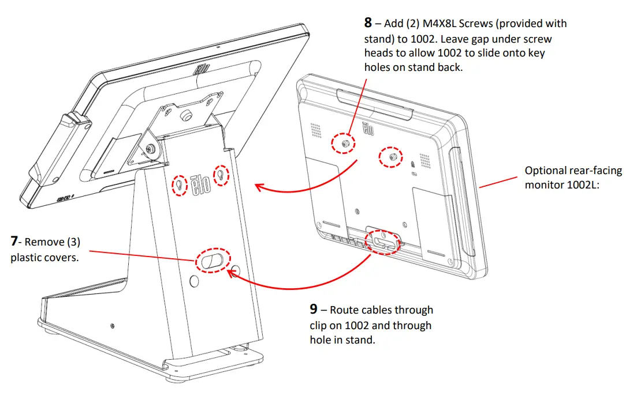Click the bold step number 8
(368, 24)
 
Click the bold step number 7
(16, 242)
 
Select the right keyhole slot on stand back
(221, 175)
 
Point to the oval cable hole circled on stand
(211, 261)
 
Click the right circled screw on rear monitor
(391, 157)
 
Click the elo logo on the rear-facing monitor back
(368, 129)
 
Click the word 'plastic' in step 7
(27, 257)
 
